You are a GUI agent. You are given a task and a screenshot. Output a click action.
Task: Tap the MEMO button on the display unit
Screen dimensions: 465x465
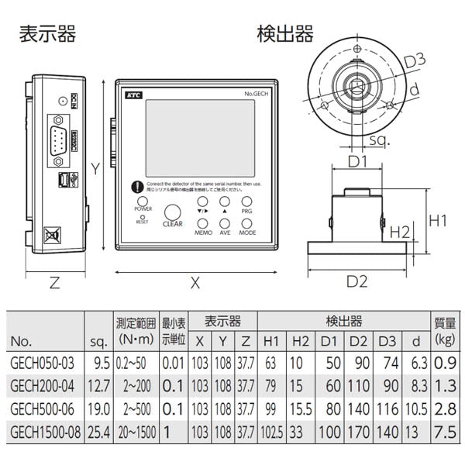tap(203, 220)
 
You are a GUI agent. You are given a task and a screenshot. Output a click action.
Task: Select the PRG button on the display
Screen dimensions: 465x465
tap(246, 200)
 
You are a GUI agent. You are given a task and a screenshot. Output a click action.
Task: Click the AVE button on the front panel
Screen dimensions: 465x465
tap(225, 220)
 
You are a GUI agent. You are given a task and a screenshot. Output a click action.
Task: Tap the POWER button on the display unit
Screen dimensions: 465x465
tap(143, 200)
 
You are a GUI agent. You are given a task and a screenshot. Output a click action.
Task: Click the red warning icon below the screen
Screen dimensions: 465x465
tap(136, 187)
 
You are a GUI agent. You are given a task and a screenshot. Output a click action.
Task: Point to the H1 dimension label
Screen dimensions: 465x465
tap(439, 222)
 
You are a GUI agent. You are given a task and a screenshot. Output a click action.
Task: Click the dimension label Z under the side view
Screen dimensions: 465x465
tap(54, 283)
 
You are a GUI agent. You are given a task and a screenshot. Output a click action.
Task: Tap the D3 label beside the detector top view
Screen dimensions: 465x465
tap(416, 60)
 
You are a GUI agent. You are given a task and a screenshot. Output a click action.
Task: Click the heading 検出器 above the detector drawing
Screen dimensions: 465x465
tap(285, 34)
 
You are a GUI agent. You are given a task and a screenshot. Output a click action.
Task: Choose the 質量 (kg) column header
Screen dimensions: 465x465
tap(445, 330)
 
